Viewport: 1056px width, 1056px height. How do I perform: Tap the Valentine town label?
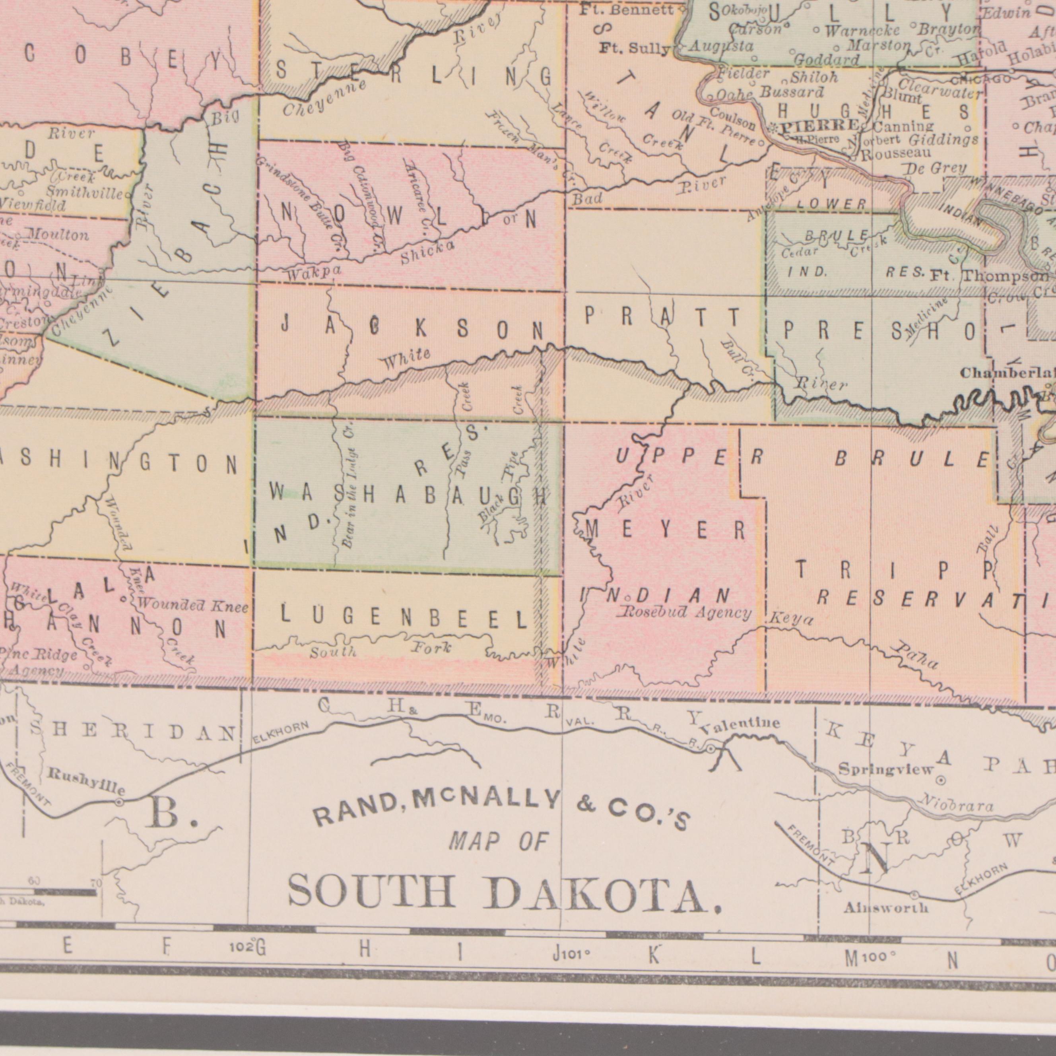(740, 725)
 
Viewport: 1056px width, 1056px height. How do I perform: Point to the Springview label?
(886, 770)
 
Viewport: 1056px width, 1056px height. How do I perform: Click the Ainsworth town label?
(885, 908)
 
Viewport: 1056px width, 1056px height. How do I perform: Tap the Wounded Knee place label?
(193, 606)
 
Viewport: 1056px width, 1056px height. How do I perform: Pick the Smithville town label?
(85, 192)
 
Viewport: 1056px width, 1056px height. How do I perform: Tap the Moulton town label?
(58, 235)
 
